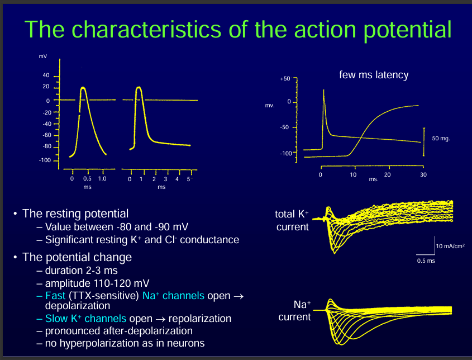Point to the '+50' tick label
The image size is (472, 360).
pos(285,79)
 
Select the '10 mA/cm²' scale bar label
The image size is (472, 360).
pos(450,245)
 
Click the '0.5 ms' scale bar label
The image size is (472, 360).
pos(425,261)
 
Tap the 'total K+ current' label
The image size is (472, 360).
pos(292,220)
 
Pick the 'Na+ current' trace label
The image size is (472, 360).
pos(294,311)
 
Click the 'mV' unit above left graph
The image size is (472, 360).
pos(43,58)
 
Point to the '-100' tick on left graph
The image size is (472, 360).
pos(45,160)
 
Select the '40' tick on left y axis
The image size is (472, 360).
pos(46,75)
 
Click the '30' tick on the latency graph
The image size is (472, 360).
pos(423,175)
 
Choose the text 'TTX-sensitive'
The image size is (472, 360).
pos(106,296)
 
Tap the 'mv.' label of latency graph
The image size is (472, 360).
pos(269,105)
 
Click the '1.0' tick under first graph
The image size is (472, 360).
pos(102,179)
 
